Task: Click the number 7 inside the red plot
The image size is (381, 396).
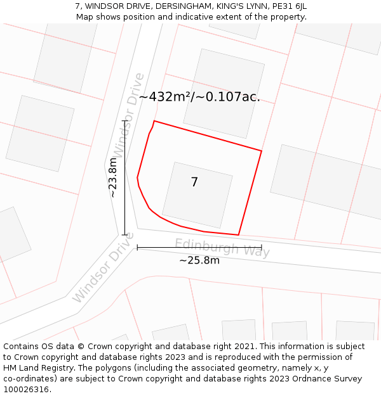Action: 194,182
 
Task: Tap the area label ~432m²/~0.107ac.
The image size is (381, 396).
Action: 199,97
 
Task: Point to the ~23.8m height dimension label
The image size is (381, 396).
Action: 113,182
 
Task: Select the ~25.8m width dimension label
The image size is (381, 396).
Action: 199,260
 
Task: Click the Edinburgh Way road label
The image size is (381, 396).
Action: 222,247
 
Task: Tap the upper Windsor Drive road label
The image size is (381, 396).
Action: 128,115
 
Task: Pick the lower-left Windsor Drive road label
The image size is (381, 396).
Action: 104,267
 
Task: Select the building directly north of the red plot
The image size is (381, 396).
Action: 224,93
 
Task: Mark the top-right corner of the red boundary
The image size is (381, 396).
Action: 262,151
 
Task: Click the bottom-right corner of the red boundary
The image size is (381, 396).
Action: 238,235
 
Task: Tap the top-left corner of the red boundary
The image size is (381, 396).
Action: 154,121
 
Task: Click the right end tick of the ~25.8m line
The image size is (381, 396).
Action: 262,248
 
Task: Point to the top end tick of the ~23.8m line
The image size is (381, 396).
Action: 125,120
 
